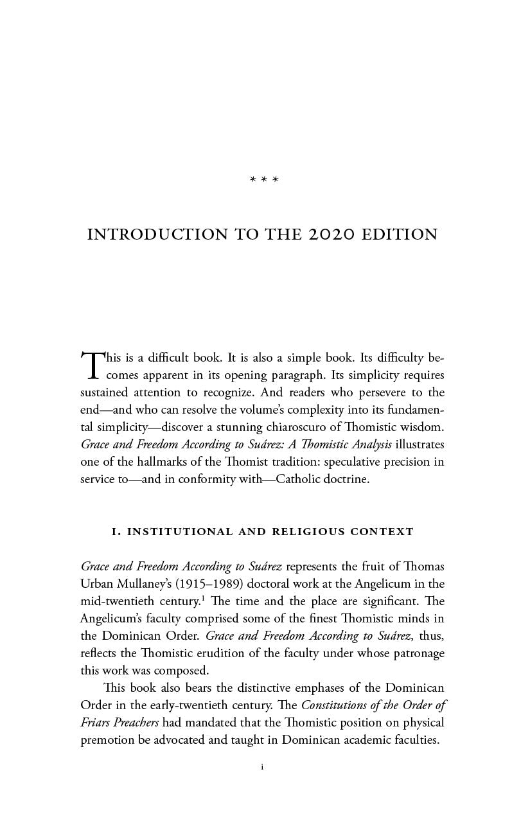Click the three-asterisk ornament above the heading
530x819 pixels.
tap(264, 179)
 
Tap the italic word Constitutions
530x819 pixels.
tap(338, 705)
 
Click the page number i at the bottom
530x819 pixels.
tap(264, 767)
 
